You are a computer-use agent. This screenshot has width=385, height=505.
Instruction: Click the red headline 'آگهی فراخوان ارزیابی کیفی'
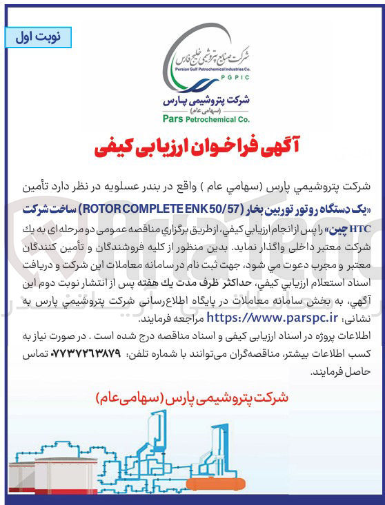click(x=192, y=147)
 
